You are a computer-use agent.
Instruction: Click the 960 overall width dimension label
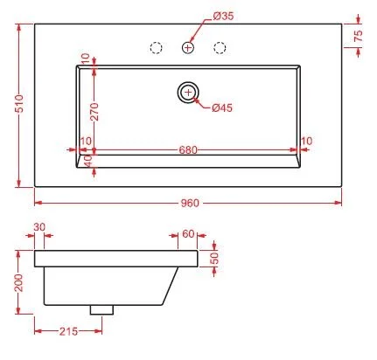tap(191, 204)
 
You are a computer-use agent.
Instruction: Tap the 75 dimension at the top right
tap(358, 37)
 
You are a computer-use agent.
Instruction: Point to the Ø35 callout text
tap(224, 15)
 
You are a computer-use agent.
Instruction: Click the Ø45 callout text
tap(222, 107)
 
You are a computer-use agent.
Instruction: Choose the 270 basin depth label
tap(94, 109)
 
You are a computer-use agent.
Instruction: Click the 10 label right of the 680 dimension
tap(306, 141)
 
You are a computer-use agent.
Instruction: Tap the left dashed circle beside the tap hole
tap(157, 47)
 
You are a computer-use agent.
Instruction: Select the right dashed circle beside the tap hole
tap(220, 47)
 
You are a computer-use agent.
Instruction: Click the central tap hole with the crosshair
tap(188, 47)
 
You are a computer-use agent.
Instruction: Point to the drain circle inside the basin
tap(187, 91)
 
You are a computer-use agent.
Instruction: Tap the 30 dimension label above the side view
tap(39, 226)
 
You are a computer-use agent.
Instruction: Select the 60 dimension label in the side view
tap(188, 234)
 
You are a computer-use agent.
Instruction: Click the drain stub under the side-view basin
tap(102, 308)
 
